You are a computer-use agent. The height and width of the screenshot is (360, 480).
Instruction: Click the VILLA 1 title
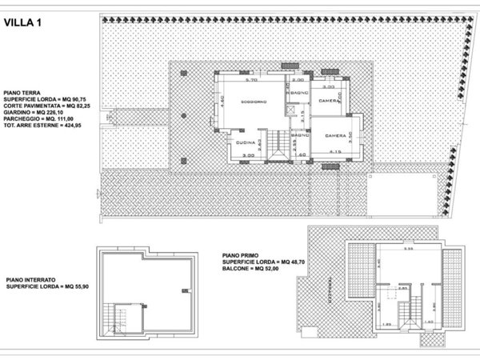pos(25,23)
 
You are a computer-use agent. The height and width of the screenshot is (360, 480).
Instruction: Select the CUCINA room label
pos(246,142)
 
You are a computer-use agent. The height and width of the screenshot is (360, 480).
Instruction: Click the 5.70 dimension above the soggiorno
pos(250,82)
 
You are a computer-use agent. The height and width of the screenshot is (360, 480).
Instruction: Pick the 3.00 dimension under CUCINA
pos(249,155)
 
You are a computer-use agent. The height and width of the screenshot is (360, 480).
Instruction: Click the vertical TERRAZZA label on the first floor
pos(327,284)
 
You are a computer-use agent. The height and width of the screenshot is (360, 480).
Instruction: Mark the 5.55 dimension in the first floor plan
pos(386,250)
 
